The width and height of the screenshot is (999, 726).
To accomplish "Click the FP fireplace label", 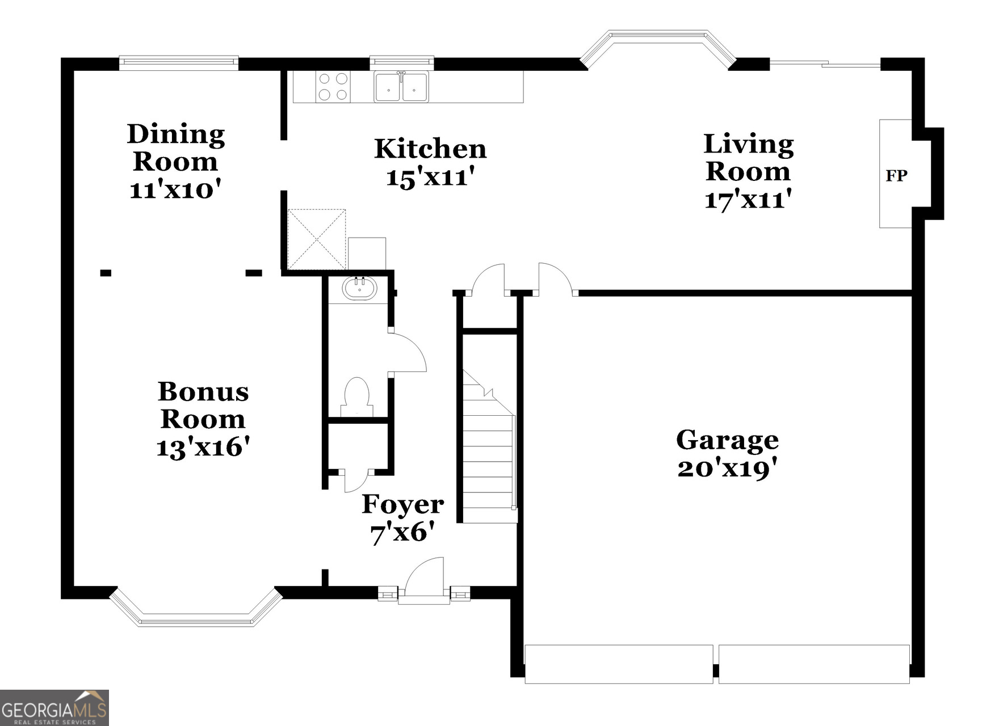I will [896, 176].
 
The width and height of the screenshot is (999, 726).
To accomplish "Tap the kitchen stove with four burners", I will [333, 87].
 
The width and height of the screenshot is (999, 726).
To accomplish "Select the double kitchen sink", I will [401, 87].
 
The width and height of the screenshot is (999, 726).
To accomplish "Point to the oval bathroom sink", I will [359, 288].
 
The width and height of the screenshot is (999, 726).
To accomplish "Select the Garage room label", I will [727, 440].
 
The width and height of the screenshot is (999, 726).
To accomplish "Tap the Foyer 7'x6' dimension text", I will [402, 533].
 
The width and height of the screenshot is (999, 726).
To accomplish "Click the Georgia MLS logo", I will [54, 707].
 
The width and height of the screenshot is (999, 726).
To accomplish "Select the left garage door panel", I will [619, 664].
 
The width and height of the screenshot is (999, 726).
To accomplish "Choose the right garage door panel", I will [814, 664].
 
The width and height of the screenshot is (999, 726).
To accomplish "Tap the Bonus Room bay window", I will [196, 615].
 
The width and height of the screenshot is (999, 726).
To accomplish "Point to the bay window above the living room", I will [658, 43].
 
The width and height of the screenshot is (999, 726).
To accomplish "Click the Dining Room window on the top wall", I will [178, 62].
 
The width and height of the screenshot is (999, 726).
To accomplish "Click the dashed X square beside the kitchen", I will [317, 239].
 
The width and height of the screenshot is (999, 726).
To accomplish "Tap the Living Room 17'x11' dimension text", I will [748, 200].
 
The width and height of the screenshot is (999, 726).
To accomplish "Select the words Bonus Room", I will [203, 406].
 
